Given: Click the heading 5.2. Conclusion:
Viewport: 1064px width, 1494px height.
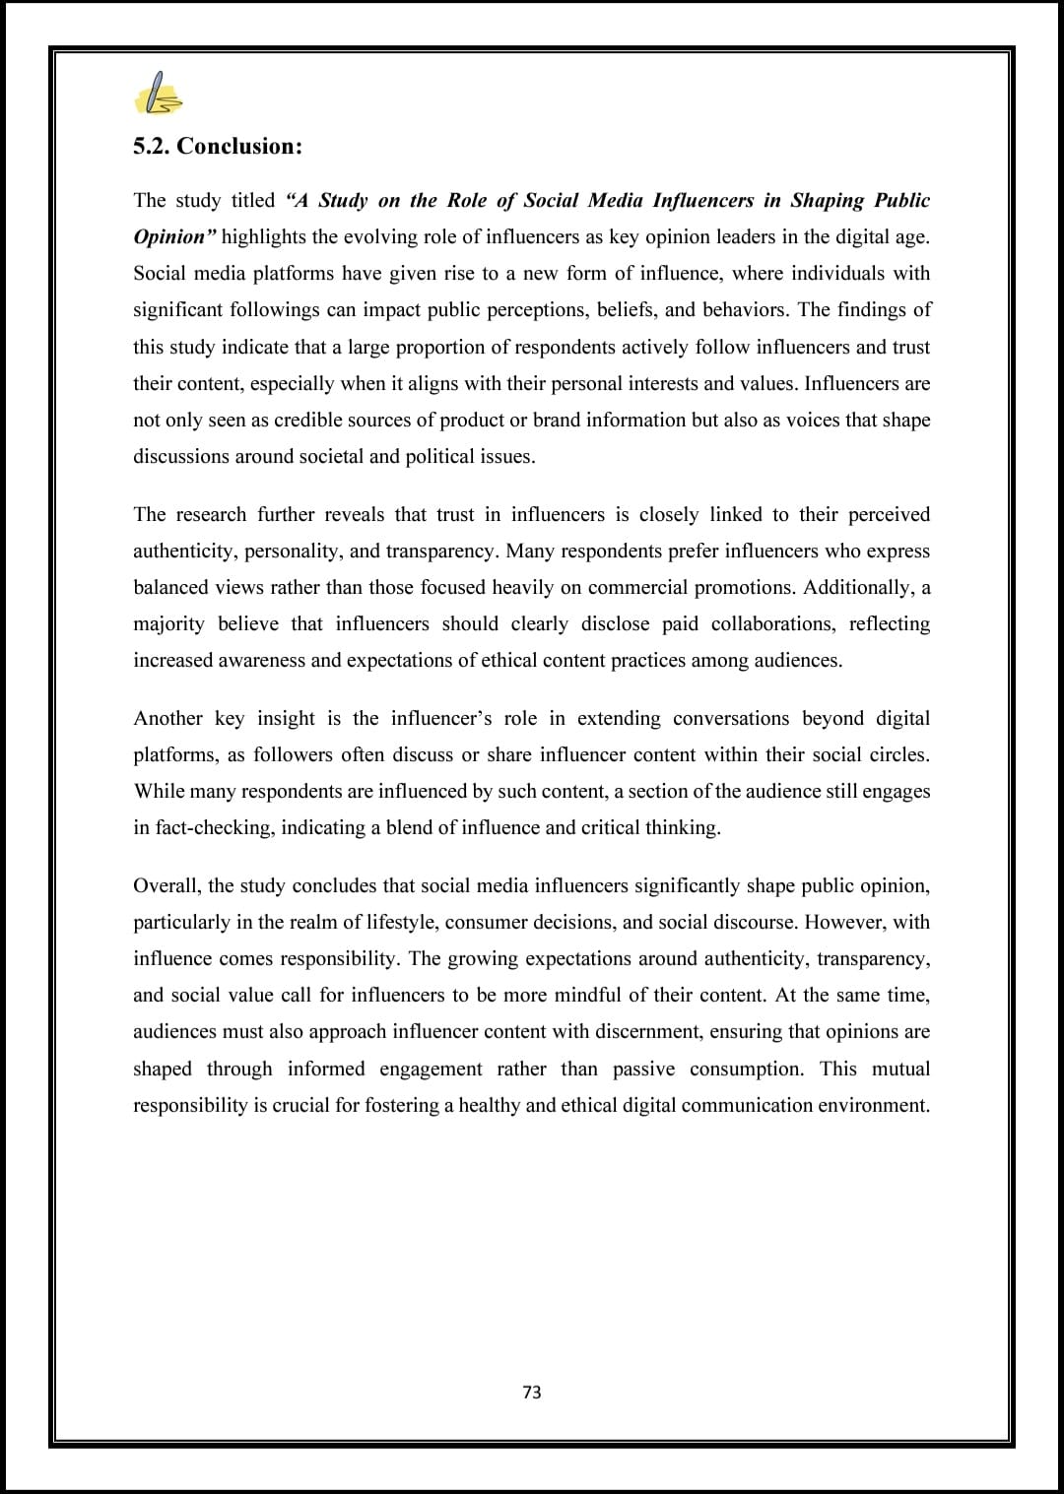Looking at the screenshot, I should click(218, 147).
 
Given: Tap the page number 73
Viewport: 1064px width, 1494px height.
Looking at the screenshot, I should click(532, 1392).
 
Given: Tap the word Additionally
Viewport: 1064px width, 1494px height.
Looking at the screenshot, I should click(857, 588).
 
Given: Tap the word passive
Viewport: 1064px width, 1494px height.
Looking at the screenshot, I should click(643, 1070).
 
